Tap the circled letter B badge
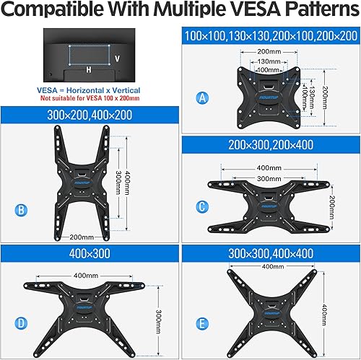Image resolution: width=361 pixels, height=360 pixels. [22, 211]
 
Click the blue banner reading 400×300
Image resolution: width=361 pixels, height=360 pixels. [90, 255]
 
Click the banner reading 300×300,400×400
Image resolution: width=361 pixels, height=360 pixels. [271, 255]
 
